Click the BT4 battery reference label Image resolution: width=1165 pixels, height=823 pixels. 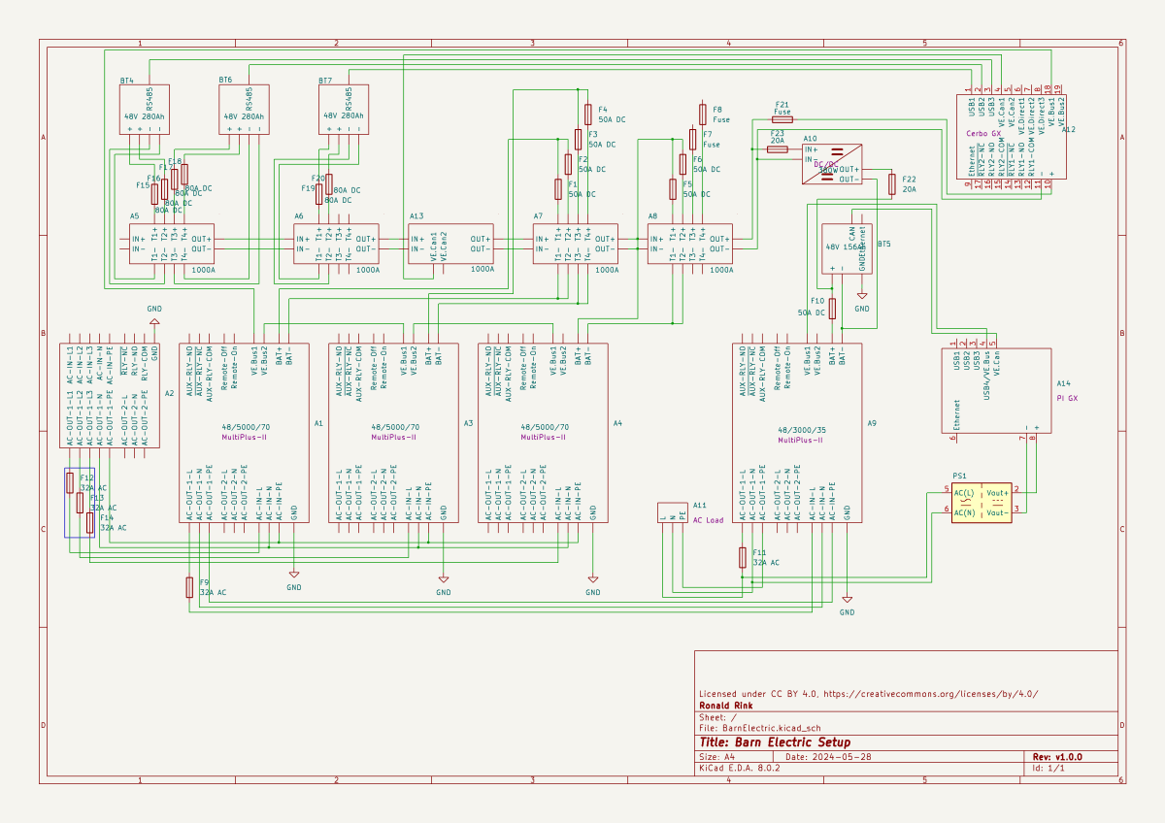tap(126, 81)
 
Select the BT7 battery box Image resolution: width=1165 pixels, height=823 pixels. tap(344, 110)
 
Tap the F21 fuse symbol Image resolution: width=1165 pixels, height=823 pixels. tap(782, 118)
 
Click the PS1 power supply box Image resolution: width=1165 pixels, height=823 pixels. tap(982, 503)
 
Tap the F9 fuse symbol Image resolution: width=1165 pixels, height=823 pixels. tap(190, 587)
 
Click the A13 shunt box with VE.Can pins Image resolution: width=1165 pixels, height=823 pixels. tap(450, 244)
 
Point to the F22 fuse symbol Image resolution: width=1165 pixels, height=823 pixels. tap(891, 184)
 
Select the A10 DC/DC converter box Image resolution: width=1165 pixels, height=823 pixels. tap(832, 164)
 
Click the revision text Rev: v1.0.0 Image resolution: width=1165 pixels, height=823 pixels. tap(1056, 757)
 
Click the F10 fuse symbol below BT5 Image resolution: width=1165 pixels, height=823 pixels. tap(833, 309)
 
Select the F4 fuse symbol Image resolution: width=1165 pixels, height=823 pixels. tap(587, 115)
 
